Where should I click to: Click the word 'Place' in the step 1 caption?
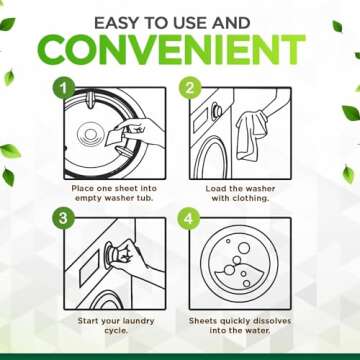click(x=82, y=186)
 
